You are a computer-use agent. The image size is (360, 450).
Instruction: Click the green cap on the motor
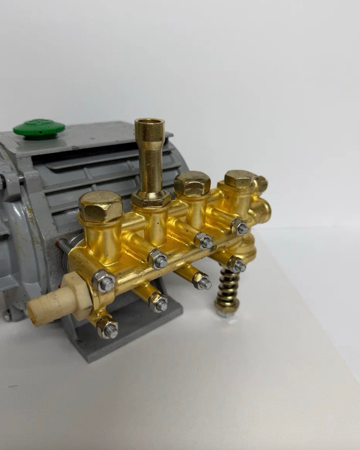[39, 128]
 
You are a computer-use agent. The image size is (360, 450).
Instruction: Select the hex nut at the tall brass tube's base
[150, 197]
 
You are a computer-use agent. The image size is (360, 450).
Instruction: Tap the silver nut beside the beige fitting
[104, 281]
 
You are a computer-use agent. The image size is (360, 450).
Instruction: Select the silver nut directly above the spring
[236, 264]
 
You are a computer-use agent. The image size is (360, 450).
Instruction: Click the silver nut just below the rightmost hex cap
[239, 227]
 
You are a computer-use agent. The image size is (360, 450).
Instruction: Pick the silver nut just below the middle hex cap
[203, 241]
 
